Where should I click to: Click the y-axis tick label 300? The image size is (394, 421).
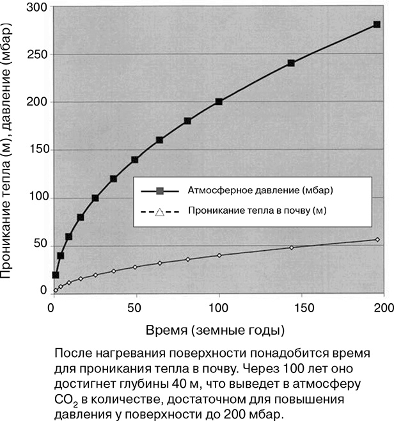(x=36, y=7)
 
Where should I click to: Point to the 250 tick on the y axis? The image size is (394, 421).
(x=36, y=55)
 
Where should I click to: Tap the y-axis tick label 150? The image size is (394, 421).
(x=36, y=150)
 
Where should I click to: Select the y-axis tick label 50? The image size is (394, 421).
(x=39, y=244)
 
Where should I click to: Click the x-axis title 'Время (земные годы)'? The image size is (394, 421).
(x=215, y=330)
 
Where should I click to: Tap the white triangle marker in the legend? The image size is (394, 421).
(x=160, y=210)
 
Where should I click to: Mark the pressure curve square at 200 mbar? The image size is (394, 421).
(x=219, y=102)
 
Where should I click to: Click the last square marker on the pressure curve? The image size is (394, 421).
(x=377, y=25)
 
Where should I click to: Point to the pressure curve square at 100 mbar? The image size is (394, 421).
(x=95, y=198)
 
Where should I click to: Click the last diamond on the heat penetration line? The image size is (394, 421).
(x=377, y=239)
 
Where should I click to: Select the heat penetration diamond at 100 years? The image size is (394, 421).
(x=219, y=255)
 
